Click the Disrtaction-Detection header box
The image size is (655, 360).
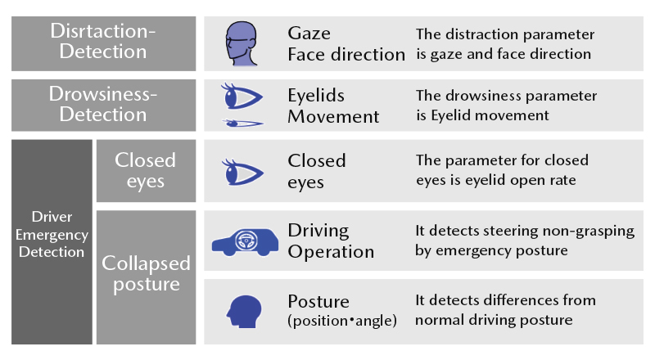[x=104, y=43]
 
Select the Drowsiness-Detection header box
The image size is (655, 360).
[x=104, y=105]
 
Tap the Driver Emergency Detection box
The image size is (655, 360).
[x=52, y=241]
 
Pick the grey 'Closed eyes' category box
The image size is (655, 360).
[x=146, y=170]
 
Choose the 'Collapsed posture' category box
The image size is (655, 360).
[x=146, y=275]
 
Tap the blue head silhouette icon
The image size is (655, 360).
[x=242, y=310]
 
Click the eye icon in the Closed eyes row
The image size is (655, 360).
[x=242, y=171]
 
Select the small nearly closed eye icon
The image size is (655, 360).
[x=242, y=124]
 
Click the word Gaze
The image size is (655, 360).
[x=309, y=34]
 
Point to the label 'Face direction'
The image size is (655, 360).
[x=346, y=55]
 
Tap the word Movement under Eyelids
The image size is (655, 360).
[x=333, y=116]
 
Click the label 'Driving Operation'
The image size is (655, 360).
[x=331, y=241]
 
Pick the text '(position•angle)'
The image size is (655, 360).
[x=342, y=321]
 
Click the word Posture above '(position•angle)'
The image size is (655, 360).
[x=319, y=300]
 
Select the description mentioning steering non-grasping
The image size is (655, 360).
[x=524, y=241]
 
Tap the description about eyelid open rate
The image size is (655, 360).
[x=502, y=170]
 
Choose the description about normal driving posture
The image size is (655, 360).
[x=505, y=310]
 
